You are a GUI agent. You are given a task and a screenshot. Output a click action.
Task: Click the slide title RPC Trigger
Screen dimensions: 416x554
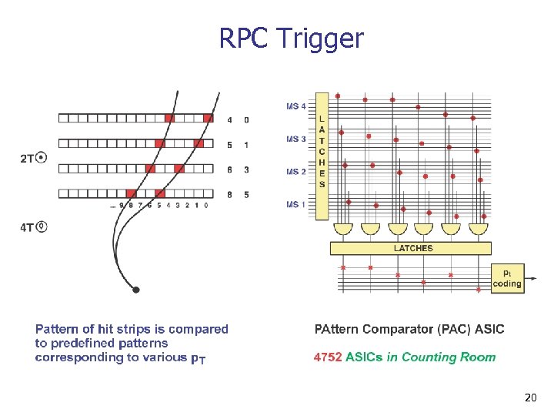click(x=291, y=38)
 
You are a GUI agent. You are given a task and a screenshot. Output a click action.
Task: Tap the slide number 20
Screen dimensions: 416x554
click(x=529, y=398)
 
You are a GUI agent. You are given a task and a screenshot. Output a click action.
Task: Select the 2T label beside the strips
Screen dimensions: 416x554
click(x=27, y=159)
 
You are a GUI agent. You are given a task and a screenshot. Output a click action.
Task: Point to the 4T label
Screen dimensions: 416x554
click(x=27, y=227)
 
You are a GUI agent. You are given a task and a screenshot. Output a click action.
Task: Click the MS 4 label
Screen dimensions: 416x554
click(x=296, y=106)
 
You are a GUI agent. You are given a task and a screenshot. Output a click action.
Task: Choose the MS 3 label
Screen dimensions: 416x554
click(x=296, y=139)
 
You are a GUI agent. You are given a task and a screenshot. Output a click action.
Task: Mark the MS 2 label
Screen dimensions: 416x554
click(x=296, y=172)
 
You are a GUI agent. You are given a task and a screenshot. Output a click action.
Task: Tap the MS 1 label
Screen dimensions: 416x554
click(x=296, y=204)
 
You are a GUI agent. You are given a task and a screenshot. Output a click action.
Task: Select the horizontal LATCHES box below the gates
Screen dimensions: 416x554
click(x=411, y=248)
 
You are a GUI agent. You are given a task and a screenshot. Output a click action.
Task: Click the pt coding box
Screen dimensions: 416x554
click(x=506, y=278)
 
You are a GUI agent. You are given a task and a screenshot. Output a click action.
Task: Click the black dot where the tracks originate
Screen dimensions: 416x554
click(x=136, y=290)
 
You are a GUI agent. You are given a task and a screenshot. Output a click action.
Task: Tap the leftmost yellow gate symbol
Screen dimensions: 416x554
click(x=344, y=229)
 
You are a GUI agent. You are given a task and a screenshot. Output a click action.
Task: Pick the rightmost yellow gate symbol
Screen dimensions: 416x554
click(x=478, y=229)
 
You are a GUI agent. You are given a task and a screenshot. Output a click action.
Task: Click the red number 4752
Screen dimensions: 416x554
click(x=329, y=357)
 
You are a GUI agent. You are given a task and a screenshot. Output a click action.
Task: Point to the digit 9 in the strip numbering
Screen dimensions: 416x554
click(x=122, y=206)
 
